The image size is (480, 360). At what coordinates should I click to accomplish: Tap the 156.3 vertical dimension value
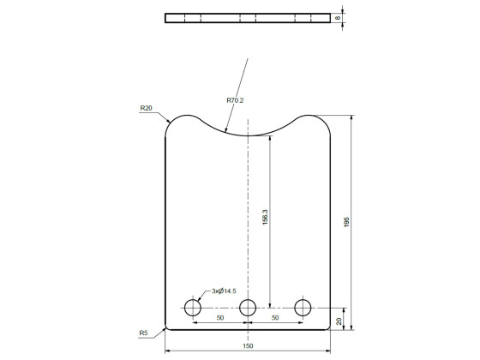[x=266, y=218]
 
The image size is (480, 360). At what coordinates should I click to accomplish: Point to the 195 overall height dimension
[x=346, y=220]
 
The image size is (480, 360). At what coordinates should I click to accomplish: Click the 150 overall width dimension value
[x=248, y=345]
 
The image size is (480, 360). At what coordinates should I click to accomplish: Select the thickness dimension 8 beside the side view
[x=339, y=17]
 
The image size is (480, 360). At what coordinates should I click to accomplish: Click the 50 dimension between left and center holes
[x=220, y=318]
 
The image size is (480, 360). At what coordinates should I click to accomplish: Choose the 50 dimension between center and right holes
[x=275, y=318]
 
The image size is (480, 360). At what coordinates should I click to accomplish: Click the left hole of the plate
[x=192, y=307]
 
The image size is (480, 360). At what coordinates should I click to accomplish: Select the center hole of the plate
[x=248, y=307]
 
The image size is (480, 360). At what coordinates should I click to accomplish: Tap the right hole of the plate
[x=303, y=307]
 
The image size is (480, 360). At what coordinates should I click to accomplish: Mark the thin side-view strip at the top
[x=248, y=17]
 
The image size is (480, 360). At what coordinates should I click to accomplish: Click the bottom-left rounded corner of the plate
[x=168, y=326]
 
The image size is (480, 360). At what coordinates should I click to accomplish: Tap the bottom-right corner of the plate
[x=328, y=326]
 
